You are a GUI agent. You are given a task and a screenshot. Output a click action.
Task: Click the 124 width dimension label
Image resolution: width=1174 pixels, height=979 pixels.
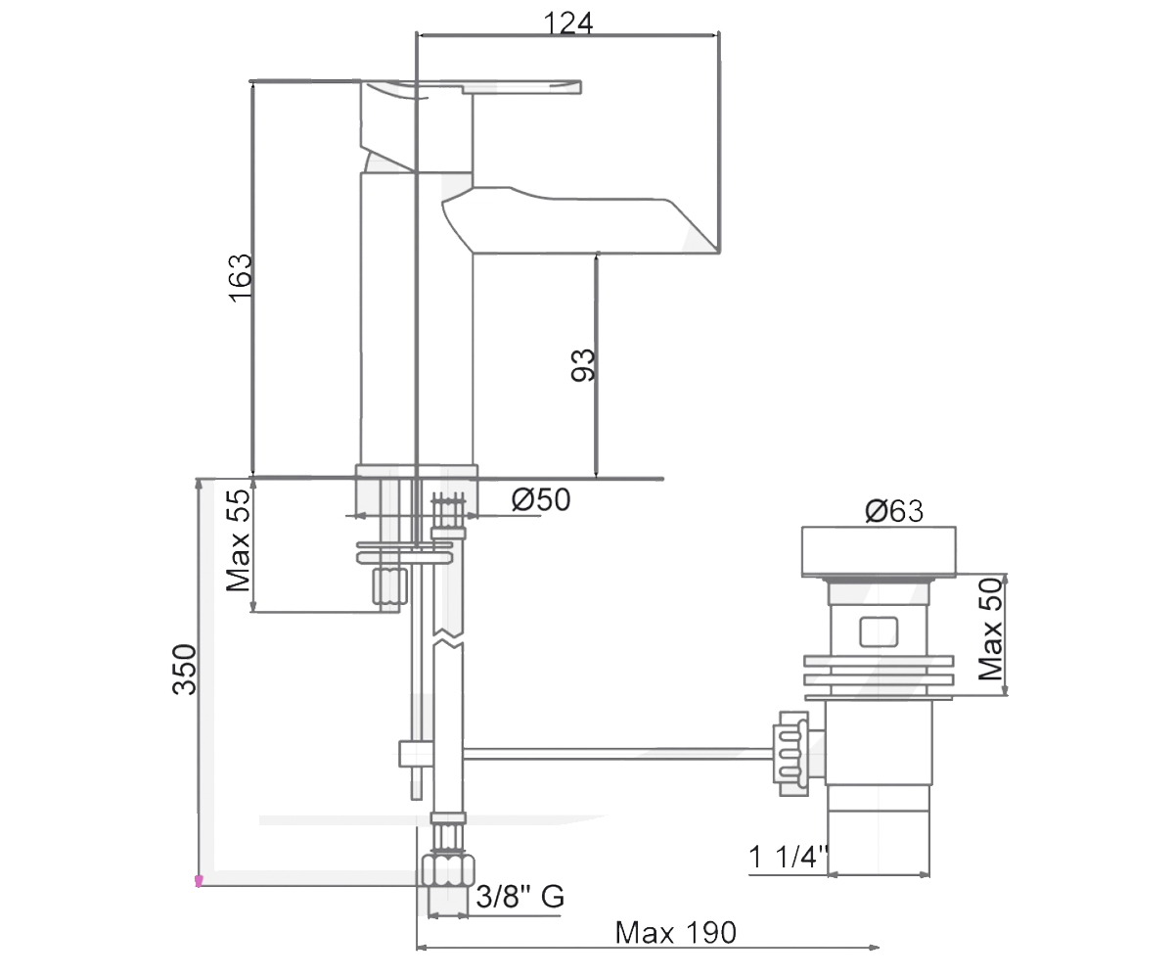[567, 23]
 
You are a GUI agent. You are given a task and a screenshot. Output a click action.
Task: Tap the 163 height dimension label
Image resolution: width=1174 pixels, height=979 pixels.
[240, 278]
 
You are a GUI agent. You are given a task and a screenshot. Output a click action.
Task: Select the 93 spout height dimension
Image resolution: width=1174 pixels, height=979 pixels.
[582, 366]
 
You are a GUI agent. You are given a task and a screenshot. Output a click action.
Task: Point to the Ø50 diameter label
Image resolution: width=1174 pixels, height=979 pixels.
[541, 499]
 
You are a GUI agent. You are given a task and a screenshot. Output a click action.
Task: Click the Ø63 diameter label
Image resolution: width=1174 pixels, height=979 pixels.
[894, 511]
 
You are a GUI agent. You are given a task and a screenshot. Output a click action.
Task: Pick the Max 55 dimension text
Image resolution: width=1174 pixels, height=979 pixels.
[238, 540]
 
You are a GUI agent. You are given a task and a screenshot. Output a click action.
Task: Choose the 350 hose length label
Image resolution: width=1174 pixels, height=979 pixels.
[185, 670]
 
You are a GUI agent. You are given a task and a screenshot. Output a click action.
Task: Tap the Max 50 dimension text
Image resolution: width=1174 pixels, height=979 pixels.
[991, 629]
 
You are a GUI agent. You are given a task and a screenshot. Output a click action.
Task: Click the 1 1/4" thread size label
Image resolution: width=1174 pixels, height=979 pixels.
[789, 857]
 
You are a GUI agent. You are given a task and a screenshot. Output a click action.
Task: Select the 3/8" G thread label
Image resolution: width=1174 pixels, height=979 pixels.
[520, 897]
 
